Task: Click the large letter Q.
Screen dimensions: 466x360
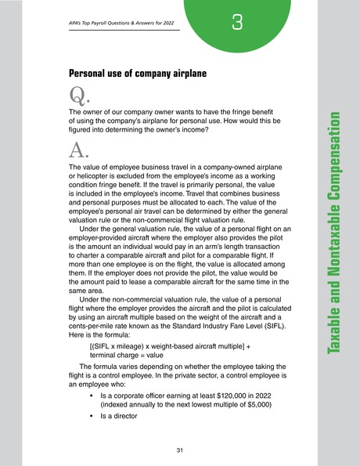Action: pos(78,97)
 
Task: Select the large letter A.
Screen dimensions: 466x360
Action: pos(79,150)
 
